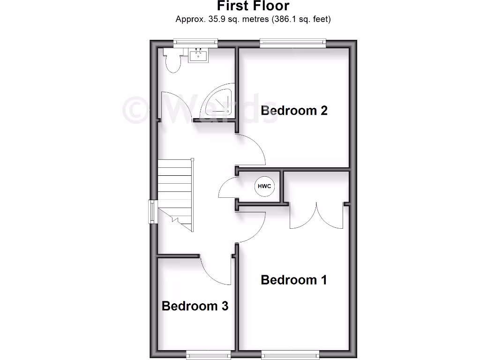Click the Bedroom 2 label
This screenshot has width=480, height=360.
tap(294, 111)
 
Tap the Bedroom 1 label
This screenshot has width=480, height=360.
tap(294, 280)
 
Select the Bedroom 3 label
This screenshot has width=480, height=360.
tap(195, 306)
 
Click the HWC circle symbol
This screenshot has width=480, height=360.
tap(264, 187)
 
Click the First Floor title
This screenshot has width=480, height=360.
tap(253, 6)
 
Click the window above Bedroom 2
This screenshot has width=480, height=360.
tap(292, 43)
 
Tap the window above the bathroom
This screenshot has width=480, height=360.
tap(195, 43)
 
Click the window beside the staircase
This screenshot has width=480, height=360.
tap(152, 211)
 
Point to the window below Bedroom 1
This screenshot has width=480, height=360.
tap(291, 354)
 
